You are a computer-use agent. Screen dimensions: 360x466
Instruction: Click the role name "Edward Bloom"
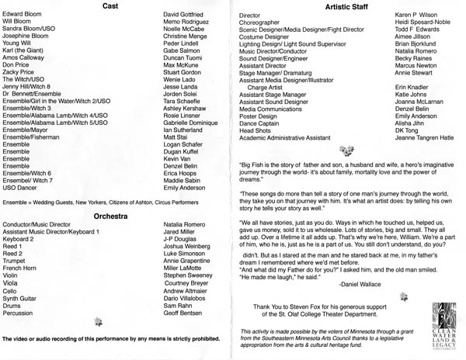tap(21, 15)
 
